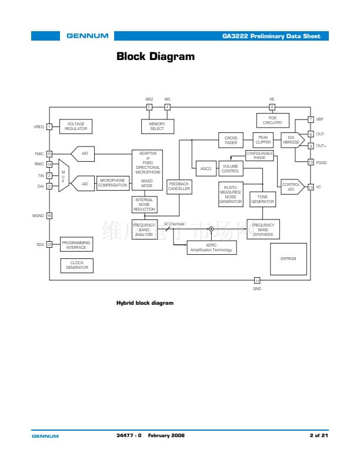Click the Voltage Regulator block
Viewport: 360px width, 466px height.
(76, 127)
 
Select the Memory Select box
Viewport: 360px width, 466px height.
(157, 127)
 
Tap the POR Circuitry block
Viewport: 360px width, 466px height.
(272, 121)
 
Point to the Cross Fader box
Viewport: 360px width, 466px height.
(231, 141)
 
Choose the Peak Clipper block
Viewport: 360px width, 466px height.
(263, 141)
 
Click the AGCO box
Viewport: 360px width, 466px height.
(205, 169)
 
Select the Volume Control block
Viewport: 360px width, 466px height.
(231, 169)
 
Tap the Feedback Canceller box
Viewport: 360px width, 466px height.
(179, 187)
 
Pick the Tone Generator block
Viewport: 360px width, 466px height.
(262, 199)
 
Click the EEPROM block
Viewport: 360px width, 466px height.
(288, 258)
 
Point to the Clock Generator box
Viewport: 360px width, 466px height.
(76, 265)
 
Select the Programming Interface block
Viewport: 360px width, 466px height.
(76, 245)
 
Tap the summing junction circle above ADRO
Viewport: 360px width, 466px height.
(211, 229)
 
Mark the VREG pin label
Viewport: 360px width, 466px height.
(39, 127)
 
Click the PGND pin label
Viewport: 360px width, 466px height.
(322, 162)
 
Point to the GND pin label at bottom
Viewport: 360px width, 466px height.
(257, 288)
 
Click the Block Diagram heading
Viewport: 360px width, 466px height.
(155, 57)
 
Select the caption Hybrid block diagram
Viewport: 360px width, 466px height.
(145, 303)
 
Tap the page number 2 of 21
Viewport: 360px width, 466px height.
(319, 435)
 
